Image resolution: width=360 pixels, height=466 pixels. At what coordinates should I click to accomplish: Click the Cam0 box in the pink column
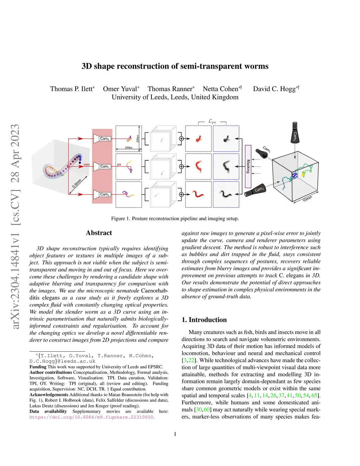(x=104, y=139)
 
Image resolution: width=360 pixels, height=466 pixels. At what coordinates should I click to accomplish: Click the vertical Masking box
(x=248, y=166)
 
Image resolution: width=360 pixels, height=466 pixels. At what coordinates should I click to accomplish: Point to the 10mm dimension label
(x=307, y=199)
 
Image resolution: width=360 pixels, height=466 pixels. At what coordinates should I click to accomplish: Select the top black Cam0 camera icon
(x=295, y=132)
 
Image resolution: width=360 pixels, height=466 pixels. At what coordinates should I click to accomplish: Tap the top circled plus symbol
(x=181, y=139)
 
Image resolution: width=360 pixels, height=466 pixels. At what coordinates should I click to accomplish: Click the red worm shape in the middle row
(x=199, y=166)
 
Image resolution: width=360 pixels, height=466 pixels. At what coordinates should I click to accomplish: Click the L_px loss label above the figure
(x=212, y=121)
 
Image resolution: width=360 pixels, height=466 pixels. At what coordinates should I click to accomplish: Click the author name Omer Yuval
(x=120, y=89)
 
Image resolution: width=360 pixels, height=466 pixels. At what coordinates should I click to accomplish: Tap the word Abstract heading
(x=99, y=233)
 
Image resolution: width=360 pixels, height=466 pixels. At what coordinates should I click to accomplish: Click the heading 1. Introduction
(x=204, y=320)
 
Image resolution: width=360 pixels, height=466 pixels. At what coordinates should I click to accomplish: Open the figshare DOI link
(x=91, y=417)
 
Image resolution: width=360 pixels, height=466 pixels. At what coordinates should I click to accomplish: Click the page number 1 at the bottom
(x=175, y=434)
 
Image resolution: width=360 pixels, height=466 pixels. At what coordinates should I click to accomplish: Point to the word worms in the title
(x=257, y=66)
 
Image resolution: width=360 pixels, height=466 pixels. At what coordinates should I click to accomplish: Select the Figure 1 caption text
(x=175, y=218)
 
